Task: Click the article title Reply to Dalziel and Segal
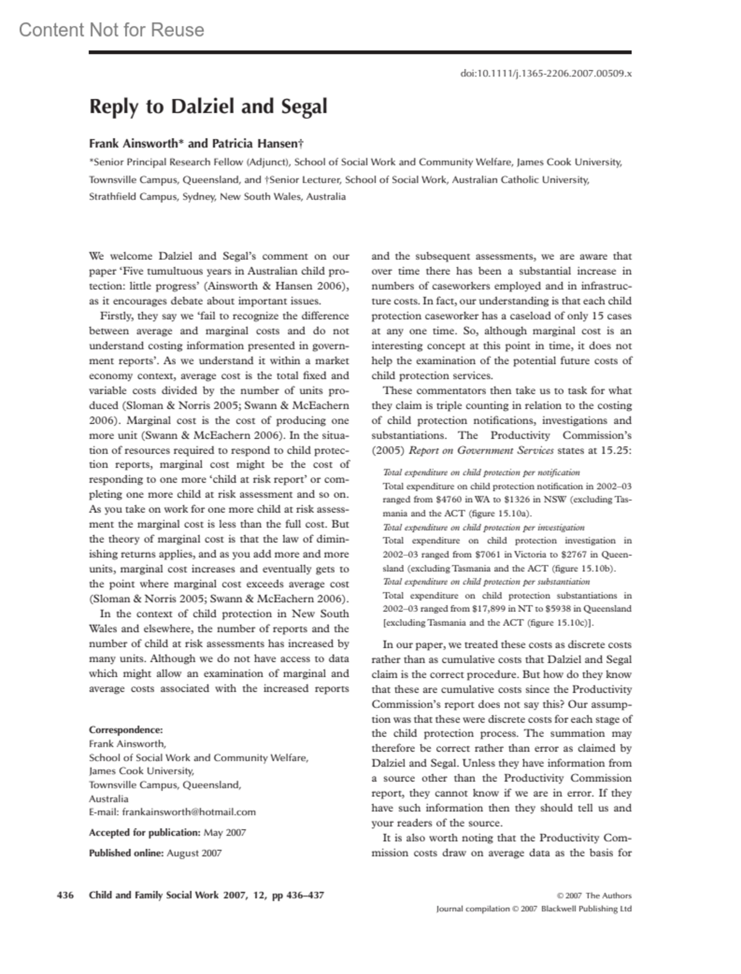point(208,107)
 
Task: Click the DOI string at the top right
point(546,73)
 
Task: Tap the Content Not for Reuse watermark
point(111,30)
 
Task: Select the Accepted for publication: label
point(144,833)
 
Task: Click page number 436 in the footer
point(65,895)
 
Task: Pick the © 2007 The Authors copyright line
point(594,896)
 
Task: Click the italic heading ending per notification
point(482,472)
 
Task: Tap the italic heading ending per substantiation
point(487,581)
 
